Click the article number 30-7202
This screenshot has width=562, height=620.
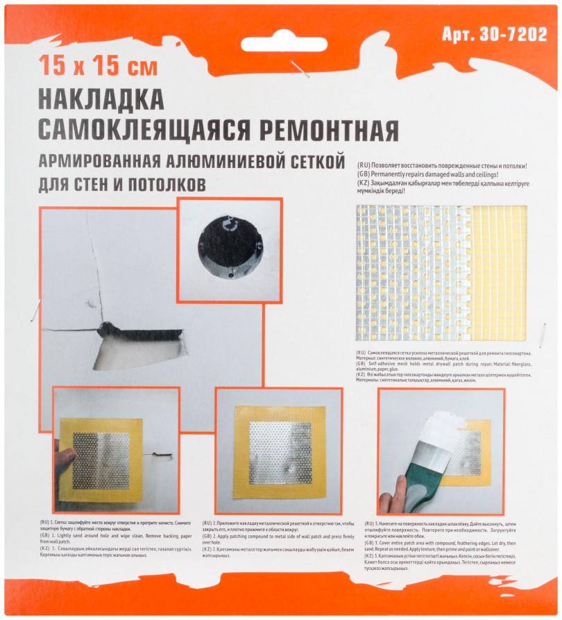pos(494,35)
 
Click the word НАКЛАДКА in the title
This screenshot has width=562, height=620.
pos(100,99)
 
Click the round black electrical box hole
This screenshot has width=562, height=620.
pos(228,247)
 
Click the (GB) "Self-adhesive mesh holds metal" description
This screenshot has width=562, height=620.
pos(444,366)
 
